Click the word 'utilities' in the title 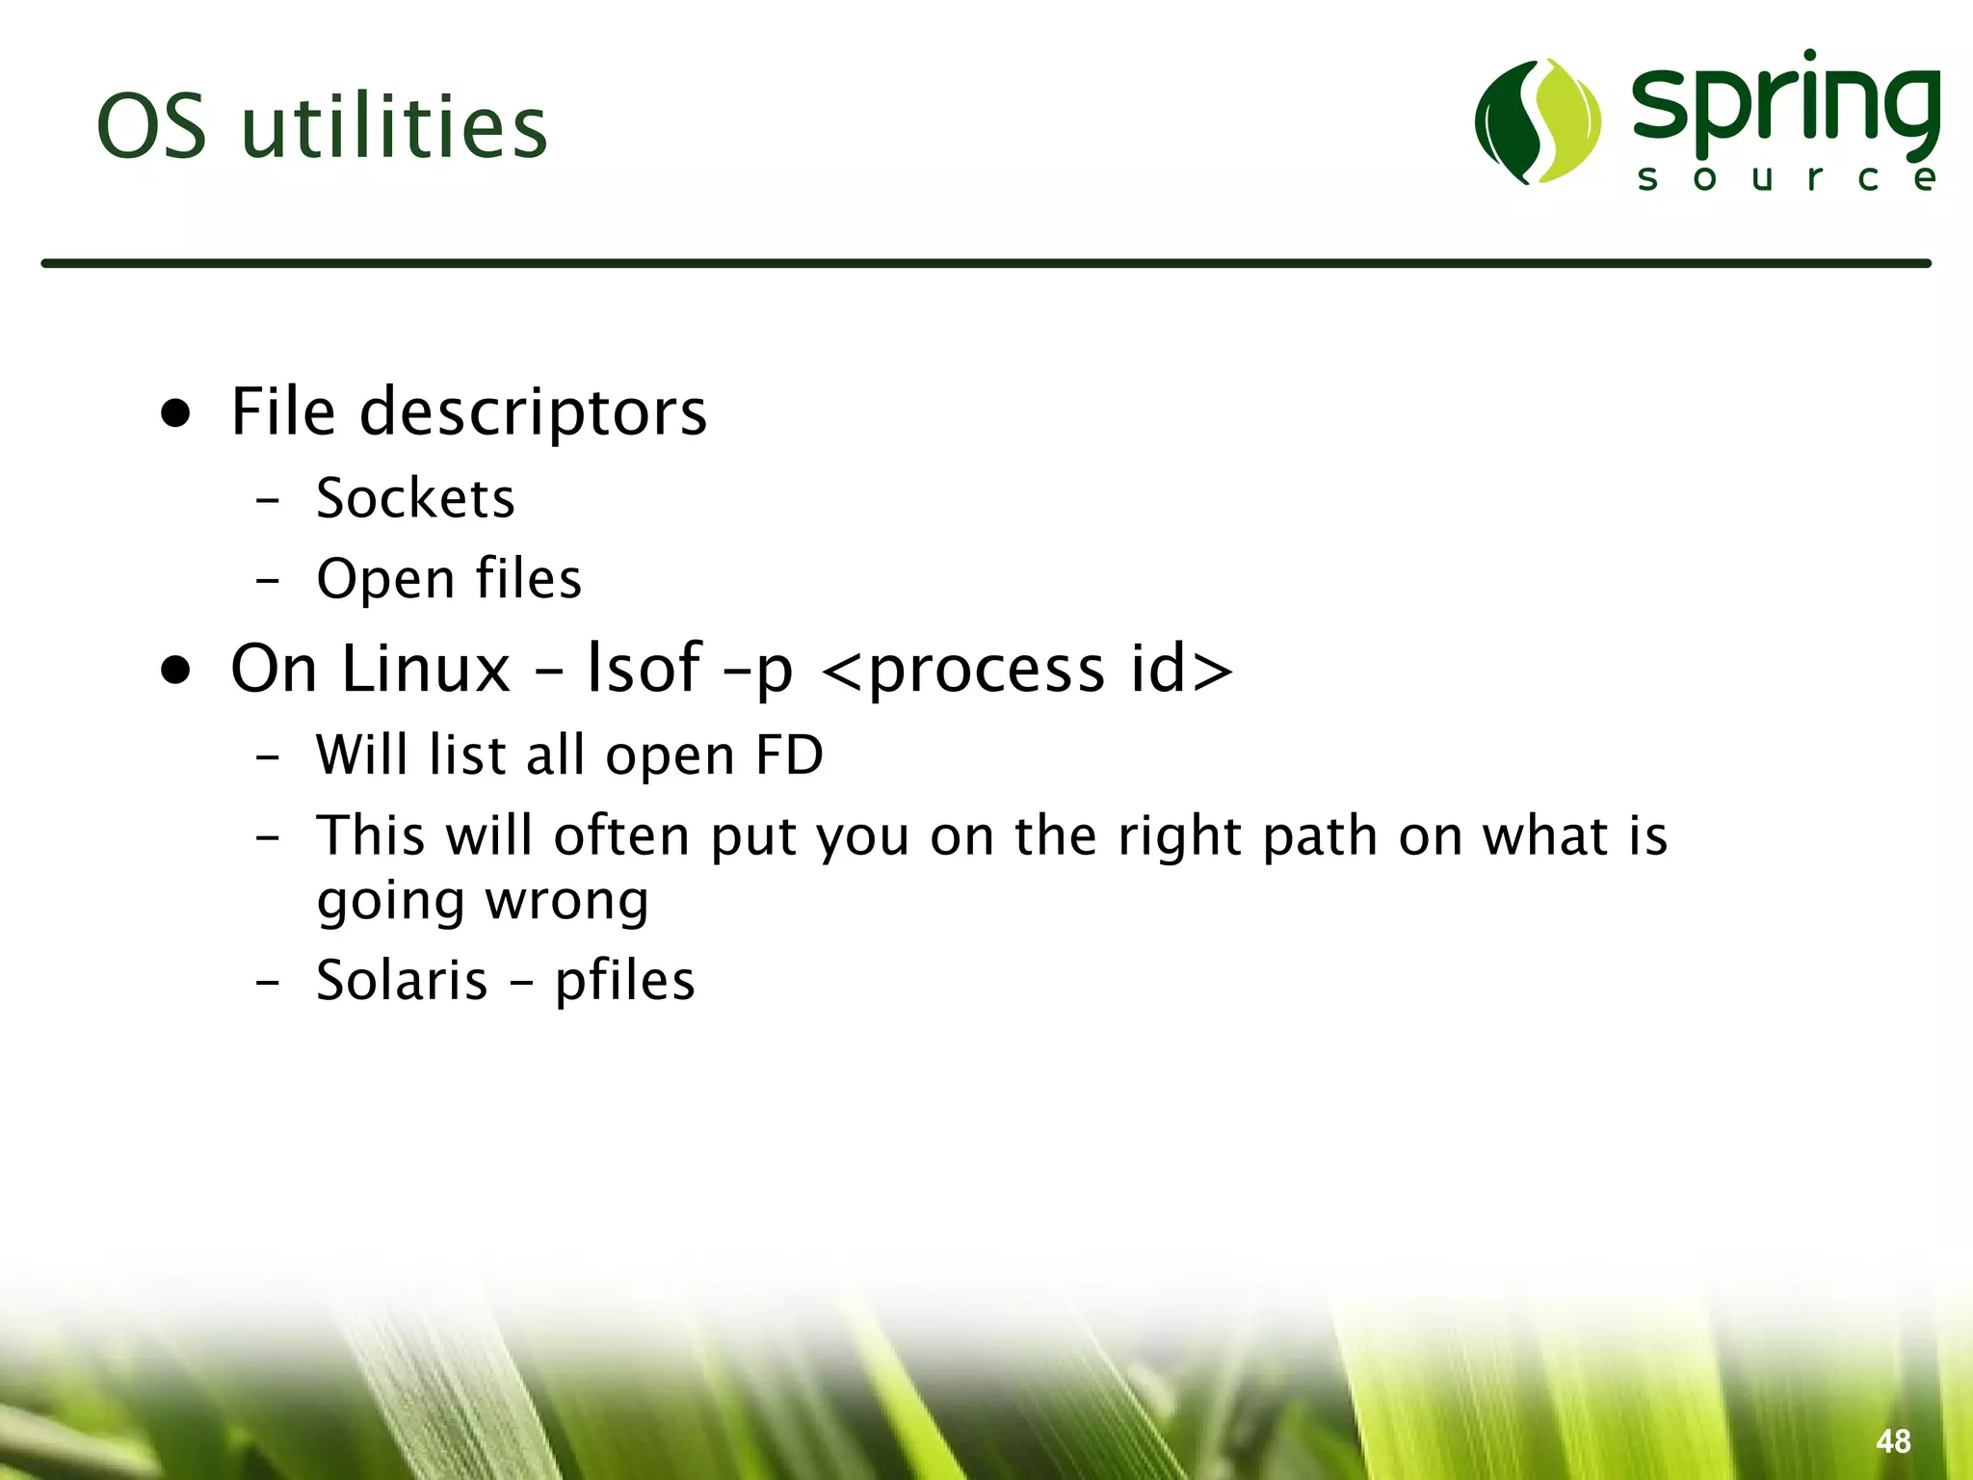click(x=394, y=127)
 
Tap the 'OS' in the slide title click(x=151, y=127)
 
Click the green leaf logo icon click(x=1538, y=121)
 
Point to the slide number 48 click(x=1893, y=1440)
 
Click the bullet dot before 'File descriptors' click(x=175, y=412)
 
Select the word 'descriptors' click(x=533, y=412)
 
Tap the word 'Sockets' click(x=415, y=498)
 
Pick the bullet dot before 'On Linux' click(x=175, y=669)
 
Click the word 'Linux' click(x=426, y=668)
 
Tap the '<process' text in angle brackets click(x=963, y=670)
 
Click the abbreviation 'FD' click(x=789, y=754)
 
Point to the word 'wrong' click(x=566, y=902)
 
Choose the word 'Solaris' click(x=402, y=981)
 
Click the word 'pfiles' click(x=624, y=981)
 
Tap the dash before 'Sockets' click(x=268, y=500)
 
